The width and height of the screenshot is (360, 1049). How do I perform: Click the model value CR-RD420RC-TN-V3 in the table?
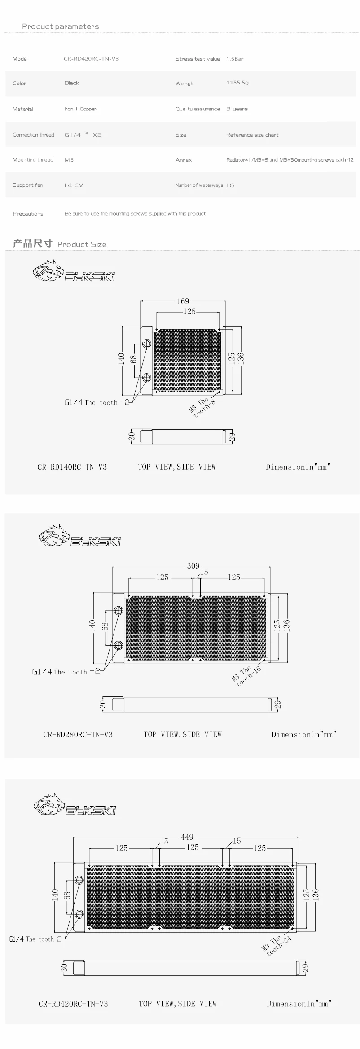91,59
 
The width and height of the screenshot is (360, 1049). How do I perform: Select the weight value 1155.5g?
237,83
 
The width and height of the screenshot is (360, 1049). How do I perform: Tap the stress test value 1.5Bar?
235,59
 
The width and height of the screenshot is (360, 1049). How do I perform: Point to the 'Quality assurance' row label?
198,109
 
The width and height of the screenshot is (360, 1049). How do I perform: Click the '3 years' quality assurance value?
237,109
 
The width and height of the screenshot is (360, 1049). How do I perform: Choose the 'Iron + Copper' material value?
80,109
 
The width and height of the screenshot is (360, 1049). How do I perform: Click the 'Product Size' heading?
82,244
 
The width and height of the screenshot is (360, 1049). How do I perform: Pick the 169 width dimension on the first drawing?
183,301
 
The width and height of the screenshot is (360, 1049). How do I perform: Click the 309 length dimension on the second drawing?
193,566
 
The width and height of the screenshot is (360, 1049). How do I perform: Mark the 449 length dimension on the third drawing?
187,837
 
